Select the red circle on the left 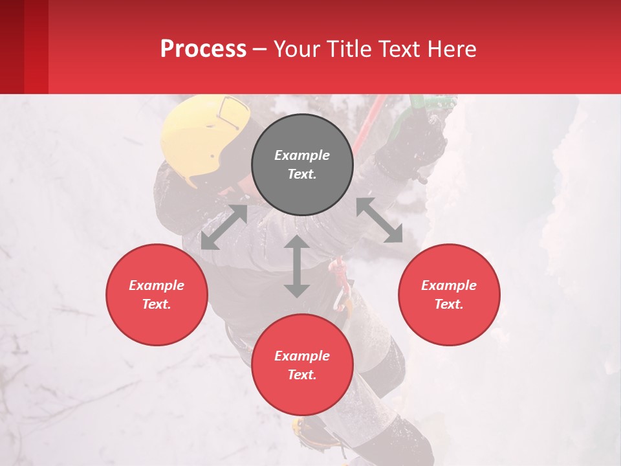pyautogui.click(x=157, y=294)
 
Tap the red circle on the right pyautogui.click(x=449, y=294)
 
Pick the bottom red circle pyautogui.click(x=302, y=365)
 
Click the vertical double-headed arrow pyautogui.click(x=296, y=266)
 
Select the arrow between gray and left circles pyautogui.click(x=224, y=227)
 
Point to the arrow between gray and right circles pyautogui.click(x=379, y=220)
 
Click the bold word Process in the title pyautogui.click(x=203, y=49)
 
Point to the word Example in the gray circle pyautogui.click(x=302, y=155)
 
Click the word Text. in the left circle pyautogui.click(x=157, y=304)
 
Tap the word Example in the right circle pyautogui.click(x=449, y=285)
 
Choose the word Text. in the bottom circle pyautogui.click(x=302, y=375)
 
